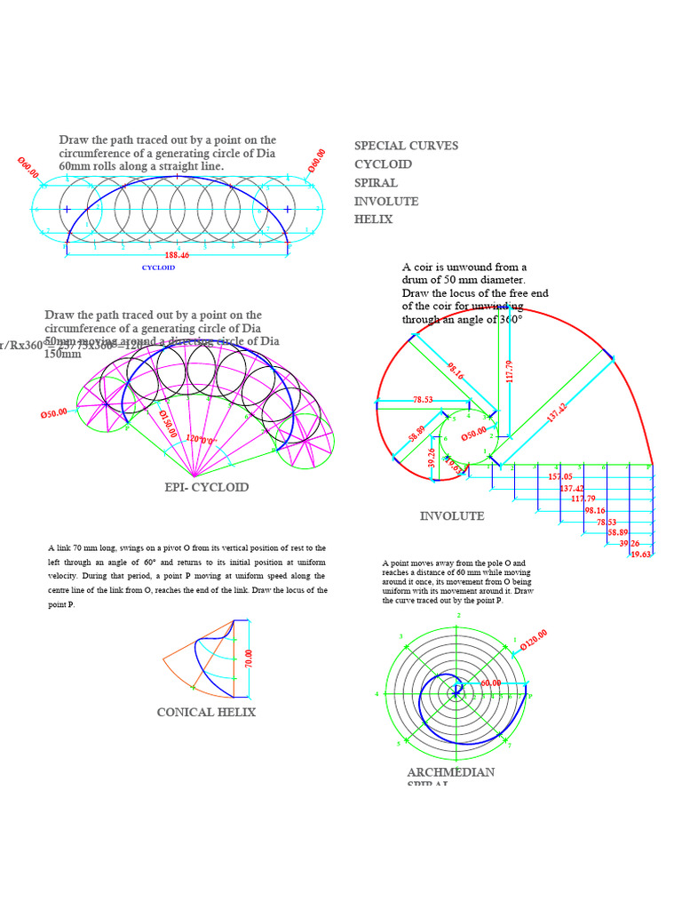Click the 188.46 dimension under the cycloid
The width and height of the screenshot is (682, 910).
(x=177, y=255)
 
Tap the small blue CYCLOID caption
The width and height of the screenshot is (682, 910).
(x=158, y=267)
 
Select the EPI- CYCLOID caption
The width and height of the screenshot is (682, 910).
(x=207, y=487)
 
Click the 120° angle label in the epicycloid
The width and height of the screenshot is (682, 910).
(x=201, y=438)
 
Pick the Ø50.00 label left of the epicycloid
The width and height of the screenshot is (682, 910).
(x=54, y=413)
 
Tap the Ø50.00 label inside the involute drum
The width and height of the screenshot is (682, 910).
(x=473, y=433)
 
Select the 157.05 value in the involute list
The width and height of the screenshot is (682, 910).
(x=560, y=477)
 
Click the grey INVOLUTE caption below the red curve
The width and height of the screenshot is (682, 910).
(x=452, y=516)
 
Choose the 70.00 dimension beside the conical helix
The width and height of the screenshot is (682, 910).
(x=250, y=659)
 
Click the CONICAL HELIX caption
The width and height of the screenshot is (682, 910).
(x=206, y=712)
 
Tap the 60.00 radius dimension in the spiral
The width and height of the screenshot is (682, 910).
(x=491, y=682)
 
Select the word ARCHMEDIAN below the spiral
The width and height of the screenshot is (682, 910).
(x=450, y=772)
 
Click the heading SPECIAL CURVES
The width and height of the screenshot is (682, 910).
(x=406, y=146)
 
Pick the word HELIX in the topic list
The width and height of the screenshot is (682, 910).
(x=373, y=220)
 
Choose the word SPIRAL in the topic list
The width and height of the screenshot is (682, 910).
(x=376, y=183)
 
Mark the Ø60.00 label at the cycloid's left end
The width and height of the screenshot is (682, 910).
(x=28, y=168)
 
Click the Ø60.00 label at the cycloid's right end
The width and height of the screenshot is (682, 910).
(x=317, y=161)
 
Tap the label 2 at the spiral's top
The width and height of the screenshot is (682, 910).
(x=459, y=615)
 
